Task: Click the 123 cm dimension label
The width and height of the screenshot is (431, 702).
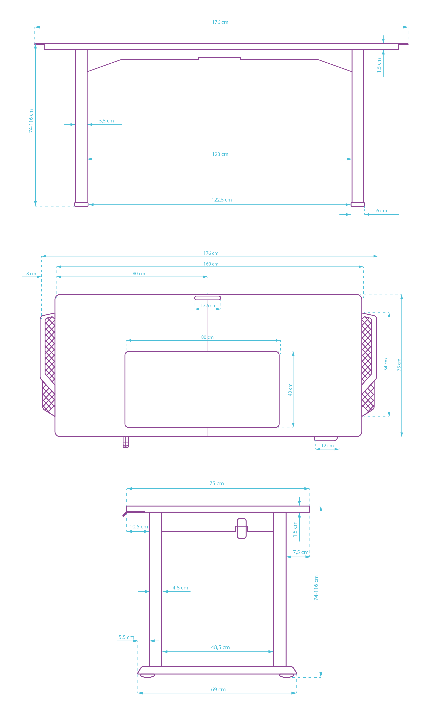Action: tap(220, 154)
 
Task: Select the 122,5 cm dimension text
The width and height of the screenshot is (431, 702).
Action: tap(222, 200)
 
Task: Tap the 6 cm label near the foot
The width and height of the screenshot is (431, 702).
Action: tap(381, 211)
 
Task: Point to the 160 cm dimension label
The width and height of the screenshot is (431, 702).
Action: tap(211, 264)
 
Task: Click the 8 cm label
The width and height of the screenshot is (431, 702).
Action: tap(31, 274)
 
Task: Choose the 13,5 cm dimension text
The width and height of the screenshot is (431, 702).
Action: tap(208, 306)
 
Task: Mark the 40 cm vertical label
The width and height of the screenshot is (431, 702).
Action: tap(290, 390)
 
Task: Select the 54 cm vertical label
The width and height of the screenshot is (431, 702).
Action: tap(386, 364)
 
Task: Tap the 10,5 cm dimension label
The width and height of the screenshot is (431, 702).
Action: tap(139, 526)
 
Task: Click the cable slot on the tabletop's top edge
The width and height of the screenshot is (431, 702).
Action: tap(207, 298)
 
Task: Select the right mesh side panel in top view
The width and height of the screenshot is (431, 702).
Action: tap(368, 365)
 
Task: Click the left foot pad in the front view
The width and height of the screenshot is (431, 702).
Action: tap(81, 204)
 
